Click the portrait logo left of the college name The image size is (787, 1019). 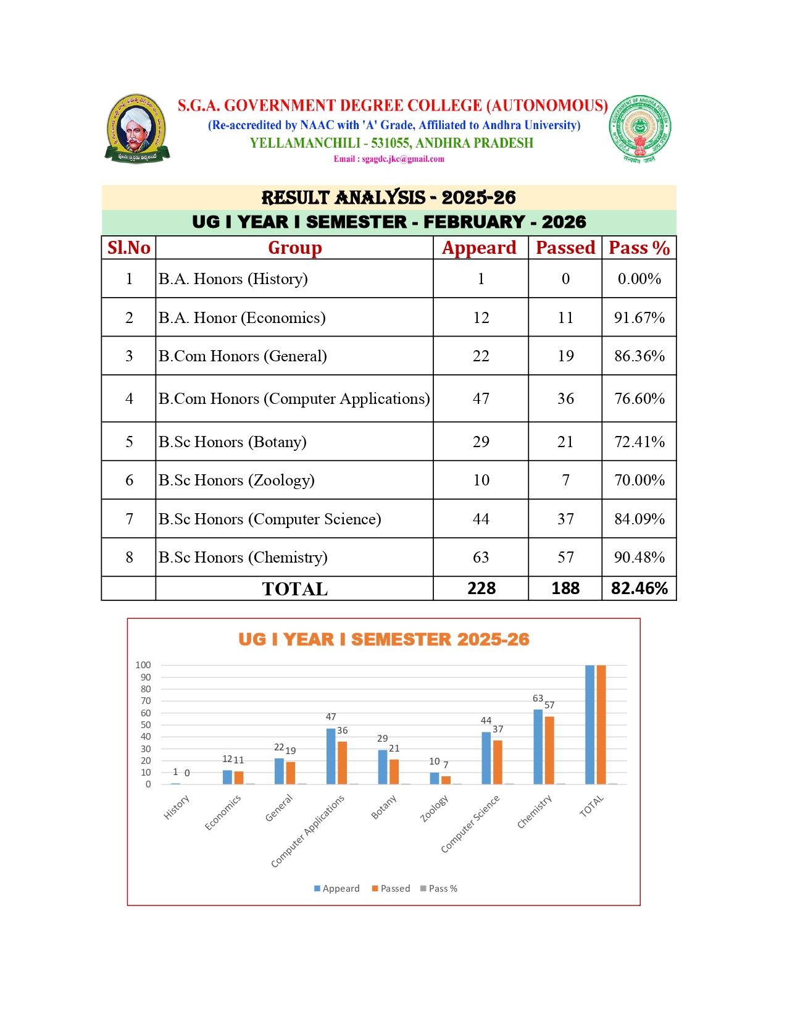pos(136,129)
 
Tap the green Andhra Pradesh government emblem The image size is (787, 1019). pos(639,128)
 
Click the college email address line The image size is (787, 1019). pos(389,159)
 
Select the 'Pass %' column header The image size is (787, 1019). pos(639,248)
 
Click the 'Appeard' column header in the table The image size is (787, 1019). pos(480,248)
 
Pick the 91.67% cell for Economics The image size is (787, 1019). pos(639,317)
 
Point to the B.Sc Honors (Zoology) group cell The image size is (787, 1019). pos(236,480)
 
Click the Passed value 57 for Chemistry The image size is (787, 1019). pos(565,557)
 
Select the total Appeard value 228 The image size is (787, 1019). pos(481,588)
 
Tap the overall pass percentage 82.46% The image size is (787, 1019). pos(639,588)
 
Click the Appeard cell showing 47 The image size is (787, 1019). pos(481,398)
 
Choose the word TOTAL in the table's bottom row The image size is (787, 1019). pos(294,589)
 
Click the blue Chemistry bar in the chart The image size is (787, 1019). pos(538,747)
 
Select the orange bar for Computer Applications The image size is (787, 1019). pos(343,763)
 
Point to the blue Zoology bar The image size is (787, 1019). pos(435,778)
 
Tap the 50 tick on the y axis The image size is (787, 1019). pos(146,725)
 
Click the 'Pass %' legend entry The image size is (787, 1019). pos(439,888)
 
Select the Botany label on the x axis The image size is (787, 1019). pos(384,807)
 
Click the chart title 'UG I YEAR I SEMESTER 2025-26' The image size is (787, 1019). pos(383,639)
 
